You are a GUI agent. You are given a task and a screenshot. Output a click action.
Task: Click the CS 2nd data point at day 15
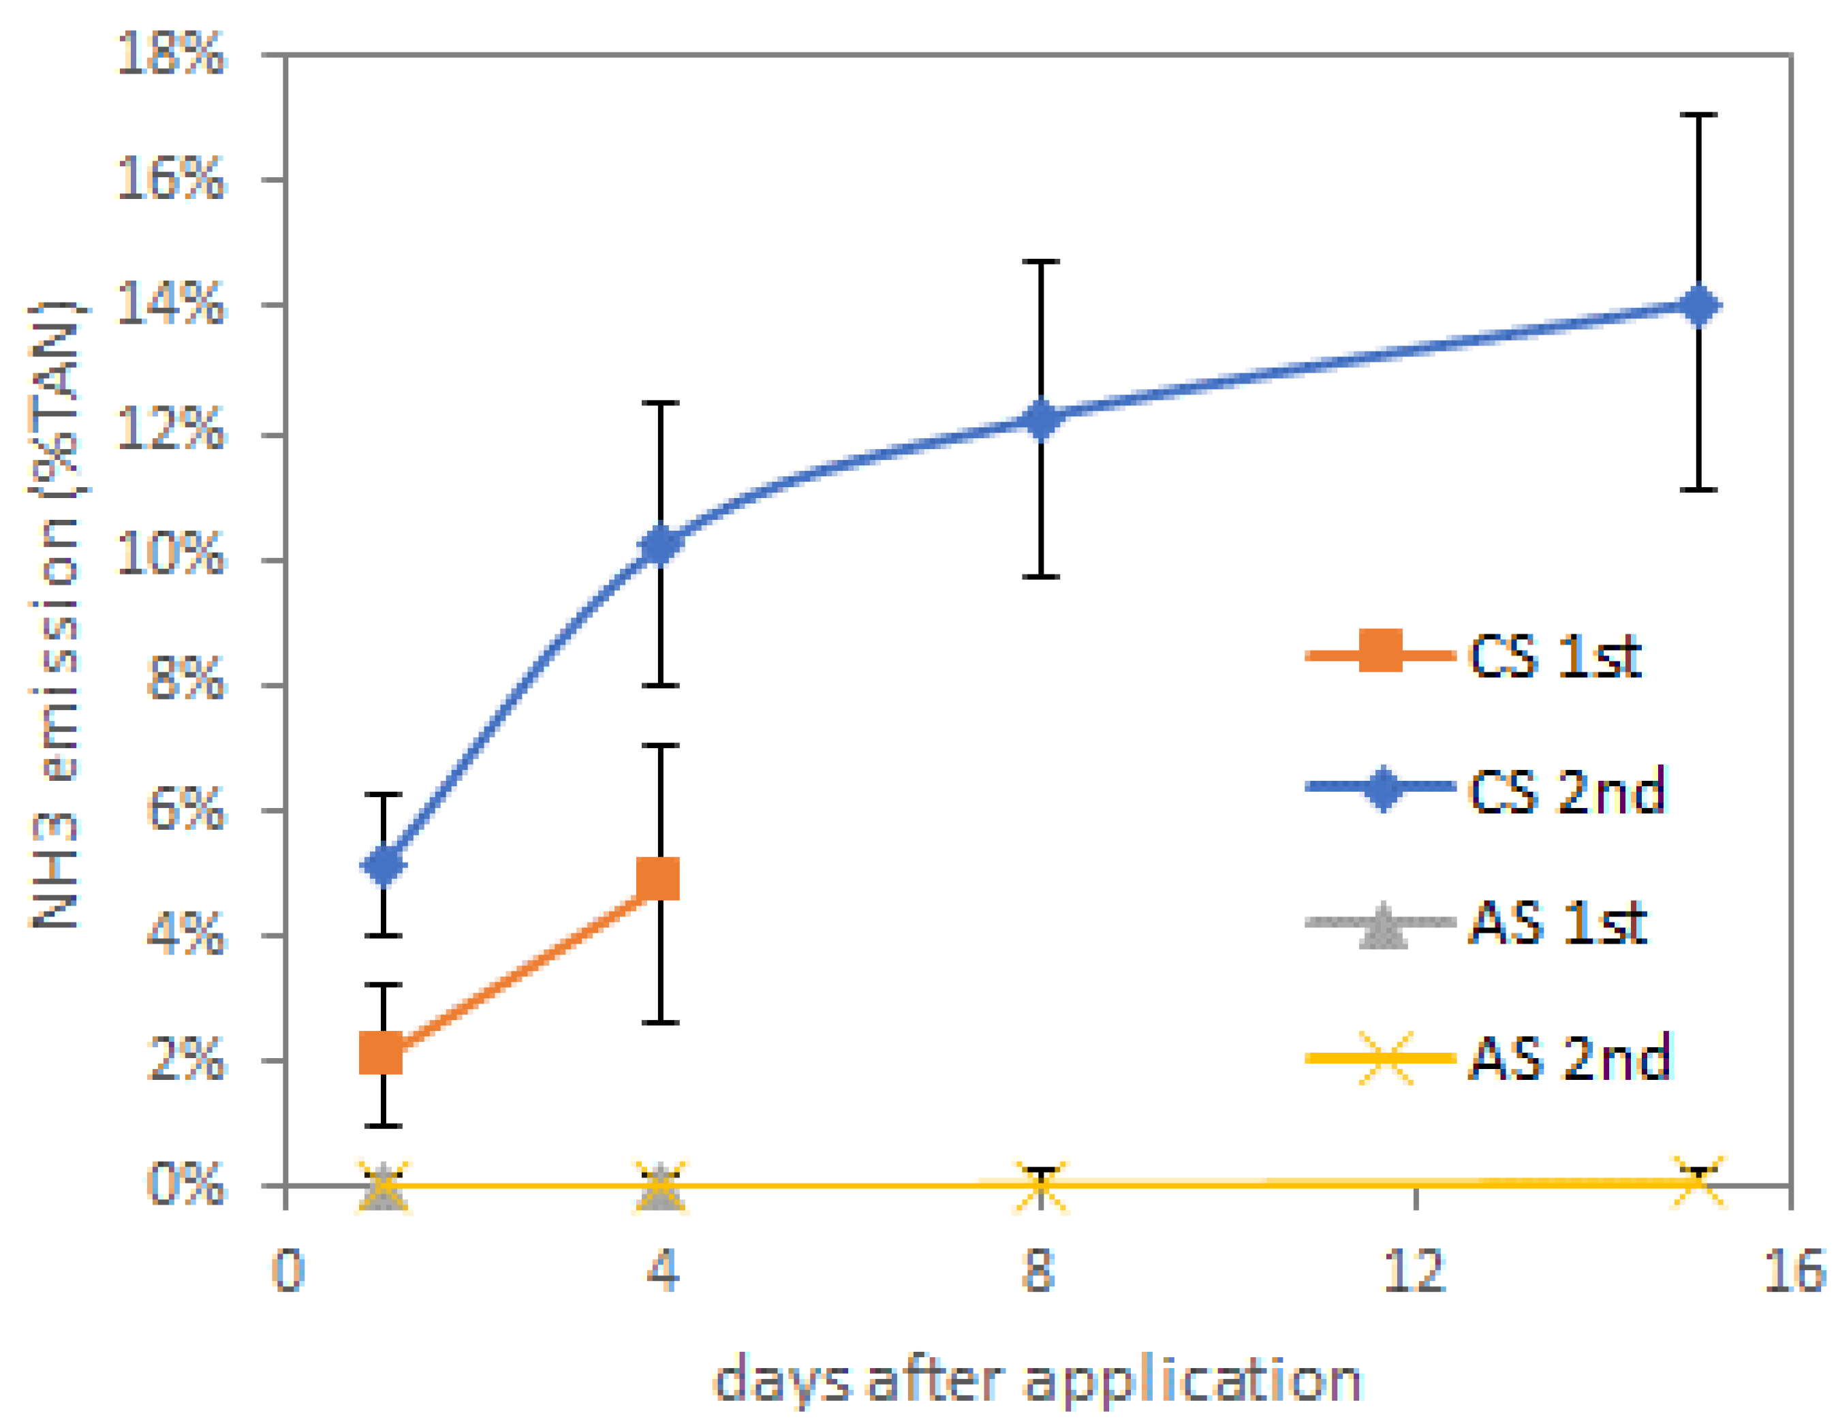point(1699,305)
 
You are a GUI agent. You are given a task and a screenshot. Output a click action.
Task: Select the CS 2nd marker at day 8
point(1041,419)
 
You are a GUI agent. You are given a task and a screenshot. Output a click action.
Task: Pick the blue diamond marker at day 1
point(384,865)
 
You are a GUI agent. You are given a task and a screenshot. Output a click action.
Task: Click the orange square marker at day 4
point(658,880)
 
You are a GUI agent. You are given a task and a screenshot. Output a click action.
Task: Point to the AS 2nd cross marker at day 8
point(1041,1186)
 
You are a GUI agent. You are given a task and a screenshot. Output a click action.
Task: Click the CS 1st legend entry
point(1473,655)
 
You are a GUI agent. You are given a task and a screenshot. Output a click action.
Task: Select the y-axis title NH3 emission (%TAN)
point(54,615)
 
